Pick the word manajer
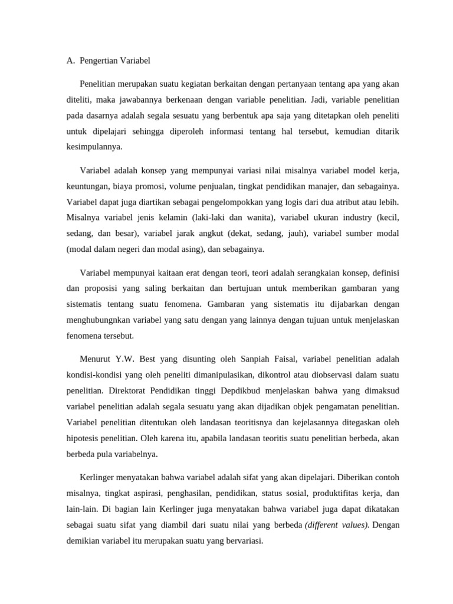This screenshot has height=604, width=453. [327, 186]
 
